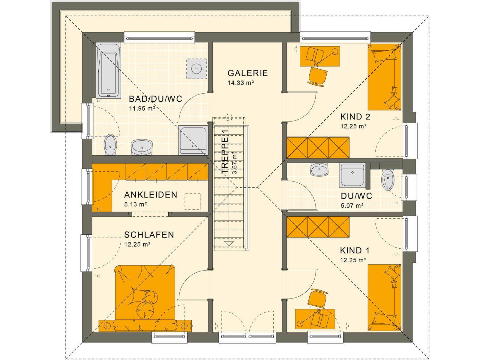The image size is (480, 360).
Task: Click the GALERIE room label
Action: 247,73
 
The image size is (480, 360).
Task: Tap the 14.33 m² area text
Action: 241,83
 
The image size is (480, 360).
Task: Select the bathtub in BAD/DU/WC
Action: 108,70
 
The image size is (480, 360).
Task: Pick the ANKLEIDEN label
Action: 151,195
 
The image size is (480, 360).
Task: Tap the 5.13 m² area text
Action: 136,205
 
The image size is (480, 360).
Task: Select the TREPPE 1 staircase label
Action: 225,151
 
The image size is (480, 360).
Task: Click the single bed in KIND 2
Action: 384,77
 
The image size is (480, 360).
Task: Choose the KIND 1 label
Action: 355,250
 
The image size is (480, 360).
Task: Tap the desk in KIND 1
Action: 315,319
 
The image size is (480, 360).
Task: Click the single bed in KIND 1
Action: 384,298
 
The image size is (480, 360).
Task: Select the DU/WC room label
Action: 356,196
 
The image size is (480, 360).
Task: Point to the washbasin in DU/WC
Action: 319,170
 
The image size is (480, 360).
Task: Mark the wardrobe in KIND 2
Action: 318,148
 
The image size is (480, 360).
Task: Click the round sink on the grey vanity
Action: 196,69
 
